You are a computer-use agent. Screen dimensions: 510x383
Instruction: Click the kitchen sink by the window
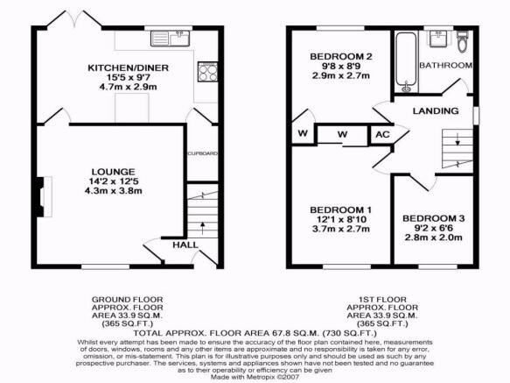click(170, 39)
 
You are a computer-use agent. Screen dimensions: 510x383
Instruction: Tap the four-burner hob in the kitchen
click(207, 71)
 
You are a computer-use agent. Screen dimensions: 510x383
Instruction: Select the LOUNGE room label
click(113, 172)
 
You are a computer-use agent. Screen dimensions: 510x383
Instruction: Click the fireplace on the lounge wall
click(44, 197)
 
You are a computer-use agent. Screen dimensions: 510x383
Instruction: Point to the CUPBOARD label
click(202, 153)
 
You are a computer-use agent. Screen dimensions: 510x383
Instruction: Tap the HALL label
click(185, 245)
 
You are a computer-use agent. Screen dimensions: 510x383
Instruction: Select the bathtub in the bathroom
click(406, 62)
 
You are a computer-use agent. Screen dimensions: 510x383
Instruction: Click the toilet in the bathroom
click(462, 42)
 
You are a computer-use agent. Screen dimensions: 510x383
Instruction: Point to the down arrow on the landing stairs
click(458, 138)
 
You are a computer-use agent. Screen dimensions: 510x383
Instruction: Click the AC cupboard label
click(382, 134)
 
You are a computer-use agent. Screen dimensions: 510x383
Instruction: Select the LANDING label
click(436, 111)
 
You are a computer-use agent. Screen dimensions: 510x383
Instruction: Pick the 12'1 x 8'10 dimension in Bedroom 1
click(341, 219)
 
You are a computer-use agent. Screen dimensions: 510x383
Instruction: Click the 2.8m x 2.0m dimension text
click(433, 238)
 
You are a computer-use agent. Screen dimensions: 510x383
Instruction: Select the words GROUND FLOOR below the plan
click(127, 299)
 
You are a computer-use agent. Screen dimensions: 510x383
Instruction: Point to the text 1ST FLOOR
click(382, 299)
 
